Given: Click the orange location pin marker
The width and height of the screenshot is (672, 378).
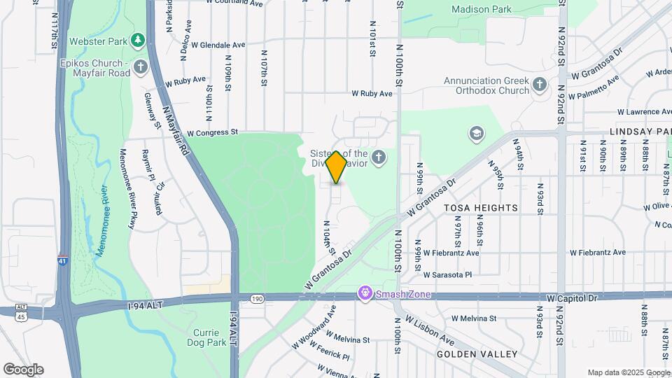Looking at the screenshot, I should [336, 167].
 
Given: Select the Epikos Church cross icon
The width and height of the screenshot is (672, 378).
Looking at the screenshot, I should [141, 67].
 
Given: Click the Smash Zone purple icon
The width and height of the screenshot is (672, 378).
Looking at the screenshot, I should [364, 294].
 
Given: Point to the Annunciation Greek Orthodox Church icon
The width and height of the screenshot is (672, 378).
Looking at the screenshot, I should [539, 85].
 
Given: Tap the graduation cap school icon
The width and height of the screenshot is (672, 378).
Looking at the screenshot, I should [477, 134].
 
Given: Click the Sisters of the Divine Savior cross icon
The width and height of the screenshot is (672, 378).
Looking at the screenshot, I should [379, 157].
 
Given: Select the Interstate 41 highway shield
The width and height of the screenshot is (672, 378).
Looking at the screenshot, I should [62, 260].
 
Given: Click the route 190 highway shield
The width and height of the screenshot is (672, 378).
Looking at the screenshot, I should [257, 299].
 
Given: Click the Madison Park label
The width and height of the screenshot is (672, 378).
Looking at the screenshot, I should [481, 10].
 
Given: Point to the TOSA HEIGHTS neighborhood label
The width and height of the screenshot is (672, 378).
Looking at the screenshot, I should [481, 208].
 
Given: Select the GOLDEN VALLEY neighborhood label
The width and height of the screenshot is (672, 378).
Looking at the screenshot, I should [477, 354].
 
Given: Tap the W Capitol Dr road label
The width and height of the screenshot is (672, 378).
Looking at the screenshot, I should [573, 298].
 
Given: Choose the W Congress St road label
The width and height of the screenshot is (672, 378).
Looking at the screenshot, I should [213, 132].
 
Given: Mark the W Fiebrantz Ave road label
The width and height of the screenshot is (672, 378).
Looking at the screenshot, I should [594, 253].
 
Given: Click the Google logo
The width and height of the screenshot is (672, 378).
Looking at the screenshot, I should [23, 369].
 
